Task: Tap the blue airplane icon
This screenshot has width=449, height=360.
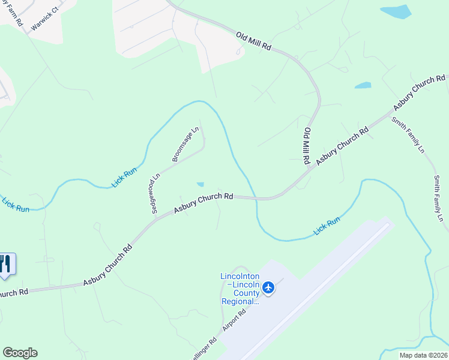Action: [x=268, y=288]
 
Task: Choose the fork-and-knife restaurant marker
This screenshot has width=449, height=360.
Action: [x=6, y=264]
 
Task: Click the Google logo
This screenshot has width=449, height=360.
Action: [x=20, y=353]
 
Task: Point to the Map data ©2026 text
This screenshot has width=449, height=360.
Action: [x=423, y=355]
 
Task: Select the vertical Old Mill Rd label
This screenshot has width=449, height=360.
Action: [x=307, y=146]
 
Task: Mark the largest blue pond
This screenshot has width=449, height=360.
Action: [x=396, y=12]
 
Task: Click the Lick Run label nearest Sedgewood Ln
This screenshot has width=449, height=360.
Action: [x=124, y=178]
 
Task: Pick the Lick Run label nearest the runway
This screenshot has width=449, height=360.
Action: [x=327, y=226]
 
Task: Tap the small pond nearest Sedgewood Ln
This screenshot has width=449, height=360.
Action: [x=200, y=184]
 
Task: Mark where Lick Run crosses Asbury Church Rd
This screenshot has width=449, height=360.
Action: [x=256, y=197]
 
